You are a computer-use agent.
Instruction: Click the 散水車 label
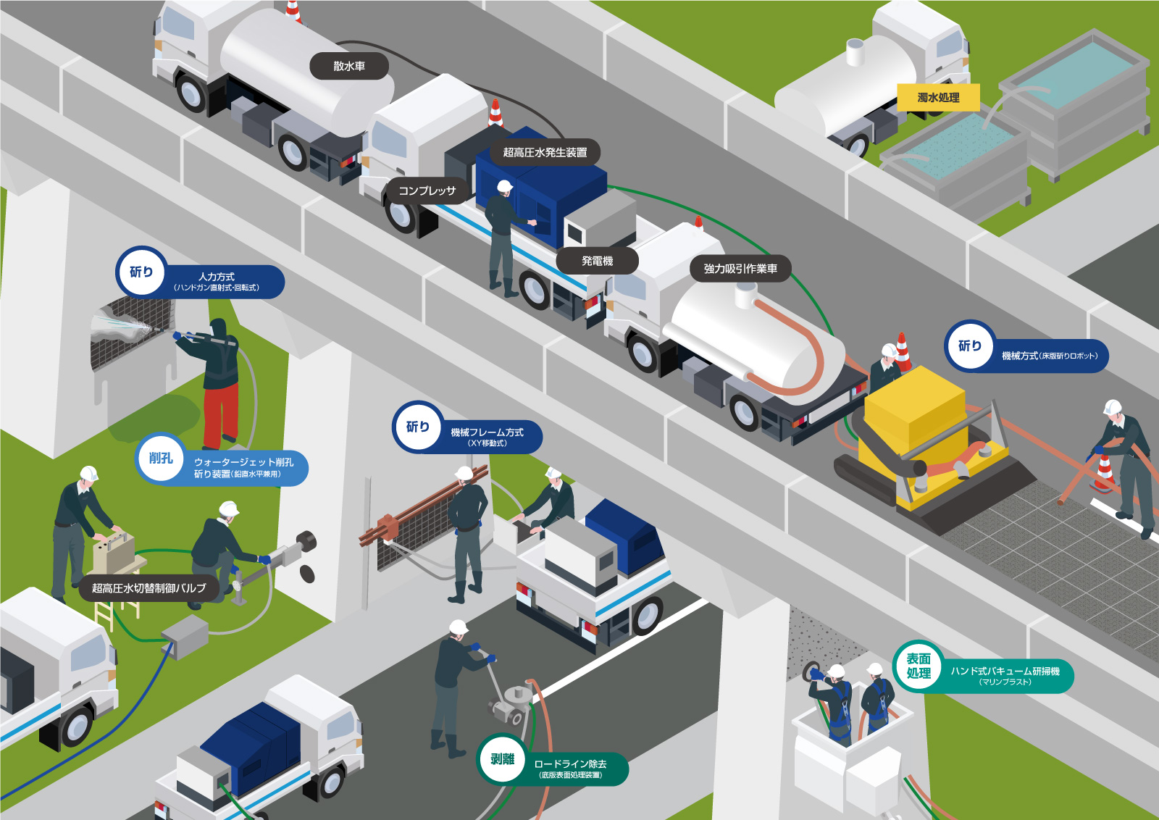pos(349,66)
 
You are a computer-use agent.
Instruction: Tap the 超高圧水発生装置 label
pos(545,152)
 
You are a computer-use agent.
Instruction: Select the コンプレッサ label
pos(427,191)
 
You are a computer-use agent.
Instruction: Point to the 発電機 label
pos(597,261)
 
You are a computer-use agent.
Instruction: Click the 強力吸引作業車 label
pos(740,269)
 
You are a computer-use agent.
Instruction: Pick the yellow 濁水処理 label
pos(938,97)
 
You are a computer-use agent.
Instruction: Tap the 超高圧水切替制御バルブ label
pos(148,588)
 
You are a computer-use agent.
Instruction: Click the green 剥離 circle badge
pos(502,759)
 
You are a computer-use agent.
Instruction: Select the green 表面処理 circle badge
pos(919,666)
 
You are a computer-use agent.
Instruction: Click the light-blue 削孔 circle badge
pos(161,458)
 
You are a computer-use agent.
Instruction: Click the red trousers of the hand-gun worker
pos(220,413)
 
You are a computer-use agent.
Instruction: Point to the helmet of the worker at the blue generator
pos(505,187)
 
